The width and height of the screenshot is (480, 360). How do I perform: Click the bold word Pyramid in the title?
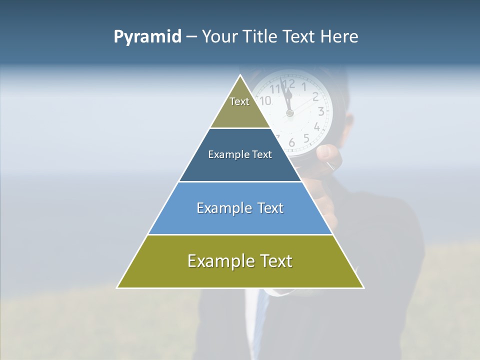tap(147, 36)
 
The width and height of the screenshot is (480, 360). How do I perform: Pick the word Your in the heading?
tap(219, 36)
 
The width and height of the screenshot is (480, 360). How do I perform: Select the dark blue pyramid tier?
tap(240, 155)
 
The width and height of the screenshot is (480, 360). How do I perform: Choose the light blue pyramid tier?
tap(240, 208)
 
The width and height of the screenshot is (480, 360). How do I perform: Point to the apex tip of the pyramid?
tap(240, 76)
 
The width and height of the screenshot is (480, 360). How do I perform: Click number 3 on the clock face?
tap(321, 111)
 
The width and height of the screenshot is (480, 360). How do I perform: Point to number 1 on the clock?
tap(304, 86)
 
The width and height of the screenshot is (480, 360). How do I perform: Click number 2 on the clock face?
tap(315, 97)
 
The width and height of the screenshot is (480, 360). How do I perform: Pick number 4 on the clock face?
tap(317, 126)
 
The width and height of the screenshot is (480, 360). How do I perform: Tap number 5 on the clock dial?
tap(306, 138)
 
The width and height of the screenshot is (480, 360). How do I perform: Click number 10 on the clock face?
tap(266, 100)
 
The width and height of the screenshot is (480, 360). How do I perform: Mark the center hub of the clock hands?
tap(289, 113)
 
